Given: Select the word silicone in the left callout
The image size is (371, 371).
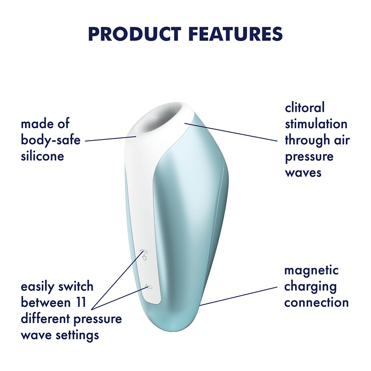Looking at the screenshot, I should tap(42, 156).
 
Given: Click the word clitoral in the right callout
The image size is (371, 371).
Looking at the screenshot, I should tap(305, 108).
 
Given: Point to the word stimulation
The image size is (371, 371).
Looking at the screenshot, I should tap(316, 124).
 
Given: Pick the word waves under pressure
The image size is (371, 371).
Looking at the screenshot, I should tap(303, 173).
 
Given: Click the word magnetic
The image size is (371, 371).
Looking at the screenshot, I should tap(312, 270).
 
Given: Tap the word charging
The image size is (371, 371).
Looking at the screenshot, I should tap(310, 287).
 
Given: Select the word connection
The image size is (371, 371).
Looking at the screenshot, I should tap(316, 303).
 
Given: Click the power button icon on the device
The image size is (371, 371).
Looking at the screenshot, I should tap(144, 255).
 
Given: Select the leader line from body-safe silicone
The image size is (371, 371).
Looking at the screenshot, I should tap(110, 139).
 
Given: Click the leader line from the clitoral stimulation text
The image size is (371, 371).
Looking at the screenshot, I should tap(232, 132).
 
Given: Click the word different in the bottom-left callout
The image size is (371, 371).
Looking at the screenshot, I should tap(45, 319).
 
